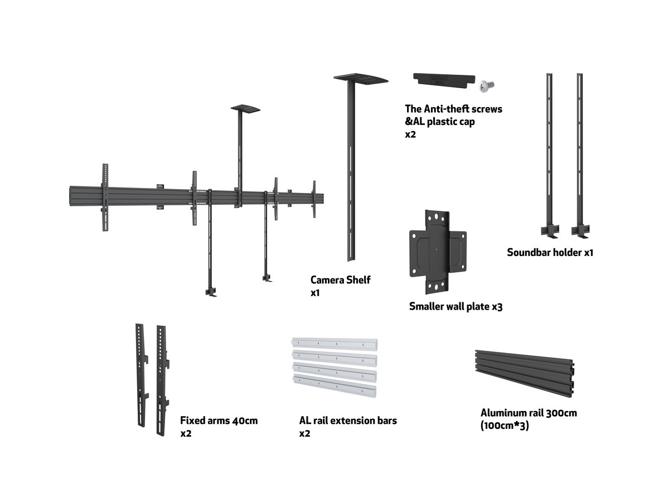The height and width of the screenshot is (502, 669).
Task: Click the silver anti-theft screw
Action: pyautogui.click(x=486, y=85)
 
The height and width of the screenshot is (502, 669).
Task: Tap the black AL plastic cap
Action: pyautogui.click(x=444, y=79)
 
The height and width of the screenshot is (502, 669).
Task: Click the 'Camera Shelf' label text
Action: pyautogui.click(x=340, y=279)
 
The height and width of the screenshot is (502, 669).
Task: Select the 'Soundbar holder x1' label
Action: pyautogui.click(x=550, y=252)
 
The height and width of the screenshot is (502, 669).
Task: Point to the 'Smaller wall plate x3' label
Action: pyautogui.click(x=455, y=306)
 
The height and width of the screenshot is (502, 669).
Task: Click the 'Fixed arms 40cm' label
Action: pyautogui.click(x=219, y=421)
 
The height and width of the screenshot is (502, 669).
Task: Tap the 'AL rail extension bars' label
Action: pyautogui.click(x=348, y=421)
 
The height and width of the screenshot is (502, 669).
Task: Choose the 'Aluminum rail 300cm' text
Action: pyautogui.click(x=529, y=413)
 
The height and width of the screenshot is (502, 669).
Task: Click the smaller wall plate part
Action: pyautogui.click(x=437, y=252)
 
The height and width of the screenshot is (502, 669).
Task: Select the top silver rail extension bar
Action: pyautogui.click(x=334, y=344)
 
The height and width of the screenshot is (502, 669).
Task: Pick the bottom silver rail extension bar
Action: pyautogui.click(x=334, y=386)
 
